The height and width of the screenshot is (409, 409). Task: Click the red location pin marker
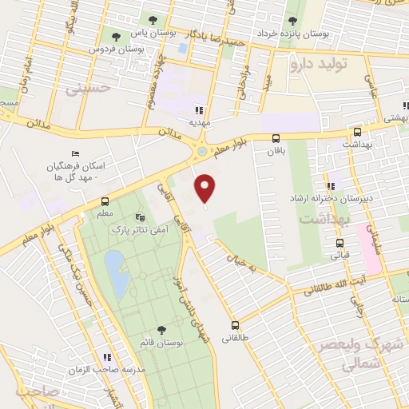(206, 188)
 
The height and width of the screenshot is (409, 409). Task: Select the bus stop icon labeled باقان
(276, 137)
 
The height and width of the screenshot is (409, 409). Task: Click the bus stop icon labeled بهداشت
(357, 133)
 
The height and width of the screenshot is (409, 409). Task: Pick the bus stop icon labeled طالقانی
(235, 325)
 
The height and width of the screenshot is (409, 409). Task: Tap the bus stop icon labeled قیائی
(340, 243)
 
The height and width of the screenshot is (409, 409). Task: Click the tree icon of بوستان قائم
(162, 329)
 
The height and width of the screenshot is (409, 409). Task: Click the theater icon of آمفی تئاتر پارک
(141, 216)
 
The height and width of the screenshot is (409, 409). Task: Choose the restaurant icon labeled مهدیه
(198, 110)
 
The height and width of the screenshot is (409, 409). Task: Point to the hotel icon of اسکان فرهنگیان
(75, 153)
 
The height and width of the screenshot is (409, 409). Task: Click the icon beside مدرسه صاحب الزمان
(105, 357)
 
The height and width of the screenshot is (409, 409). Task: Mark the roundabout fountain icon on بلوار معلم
(202, 152)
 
